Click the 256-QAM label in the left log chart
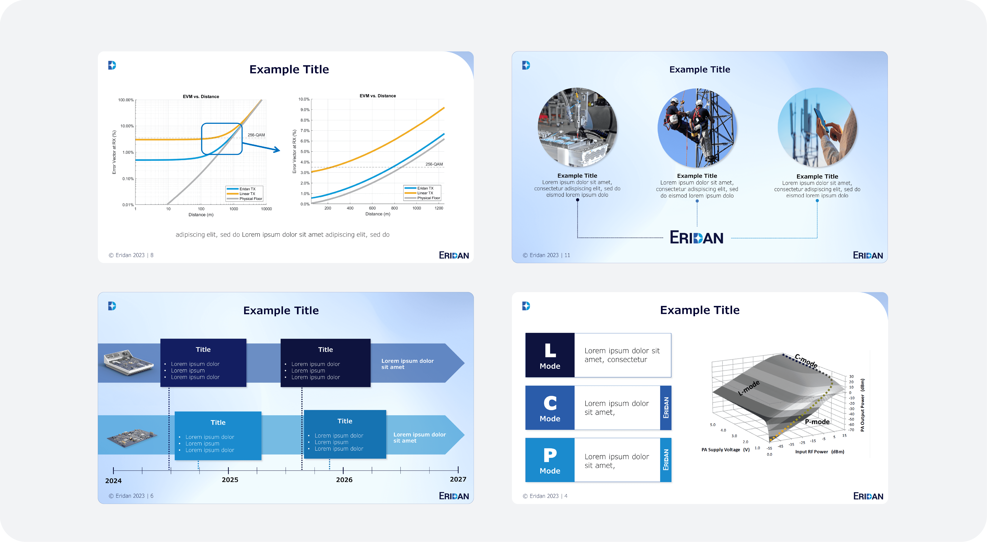[x=256, y=135]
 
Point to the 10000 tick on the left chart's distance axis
[x=266, y=209]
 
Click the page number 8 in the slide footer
[x=152, y=255]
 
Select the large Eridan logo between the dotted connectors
[x=696, y=237]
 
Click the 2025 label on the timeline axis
[x=230, y=480]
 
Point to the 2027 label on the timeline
[x=458, y=479]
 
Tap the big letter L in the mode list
[x=550, y=350]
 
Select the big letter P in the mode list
[x=550, y=455]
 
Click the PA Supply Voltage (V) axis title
[x=725, y=450]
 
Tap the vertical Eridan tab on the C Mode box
[x=666, y=407]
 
